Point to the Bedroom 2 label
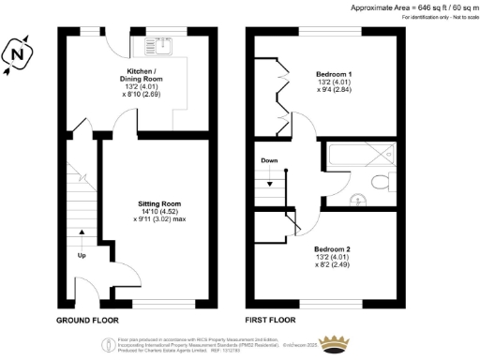point(334,249)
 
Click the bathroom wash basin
point(359,199)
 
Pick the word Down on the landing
point(269,160)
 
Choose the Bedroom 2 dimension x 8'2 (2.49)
point(334,267)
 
